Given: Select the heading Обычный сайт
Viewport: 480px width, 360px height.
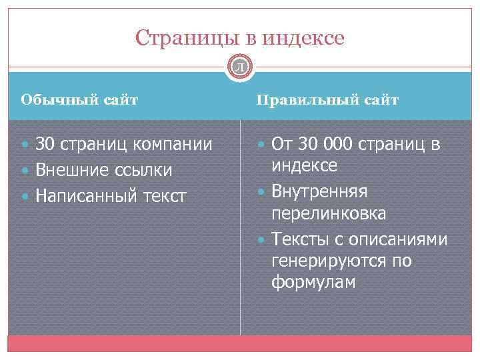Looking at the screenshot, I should pos(79,101).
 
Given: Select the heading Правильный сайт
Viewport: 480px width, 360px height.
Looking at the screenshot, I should pos(327,101).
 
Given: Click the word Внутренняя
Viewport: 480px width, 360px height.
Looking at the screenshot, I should pos(319,191).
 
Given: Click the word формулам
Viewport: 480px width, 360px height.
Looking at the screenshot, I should pos(313,283).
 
